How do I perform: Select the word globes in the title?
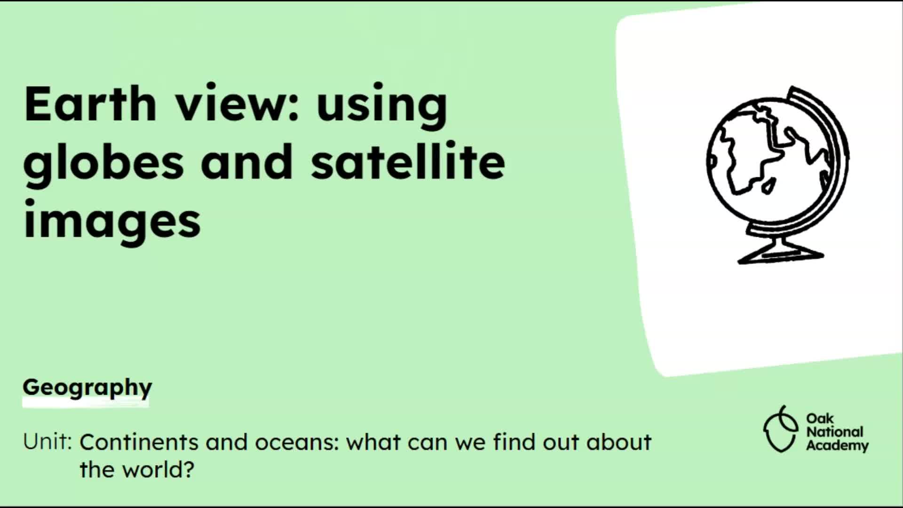click(x=103, y=162)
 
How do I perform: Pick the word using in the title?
click(x=382, y=106)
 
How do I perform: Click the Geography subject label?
click(x=87, y=389)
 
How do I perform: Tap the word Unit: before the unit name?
click(x=48, y=442)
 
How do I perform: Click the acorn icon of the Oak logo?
click(x=781, y=429)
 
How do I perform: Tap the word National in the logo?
click(x=835, y=432)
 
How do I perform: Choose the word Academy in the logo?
click(x=837, y=445)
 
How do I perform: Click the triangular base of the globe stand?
click(x=781, y=254)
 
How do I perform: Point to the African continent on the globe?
click(x=748, y=151)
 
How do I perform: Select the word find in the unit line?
click(x=514, y=442)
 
